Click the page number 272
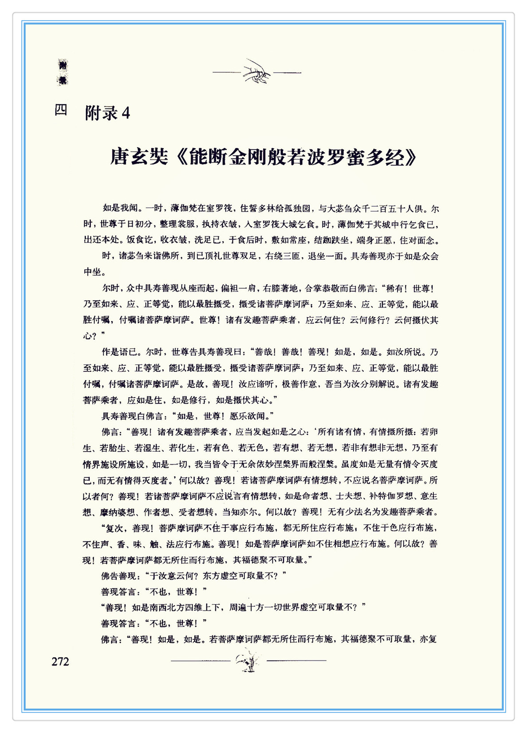click(60, 662)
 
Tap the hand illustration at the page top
click(257, 71)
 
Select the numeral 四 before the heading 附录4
click(61, 110)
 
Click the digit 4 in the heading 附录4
click(126, 114)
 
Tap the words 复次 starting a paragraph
click(115, 528)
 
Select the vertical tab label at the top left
click(63, 72)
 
